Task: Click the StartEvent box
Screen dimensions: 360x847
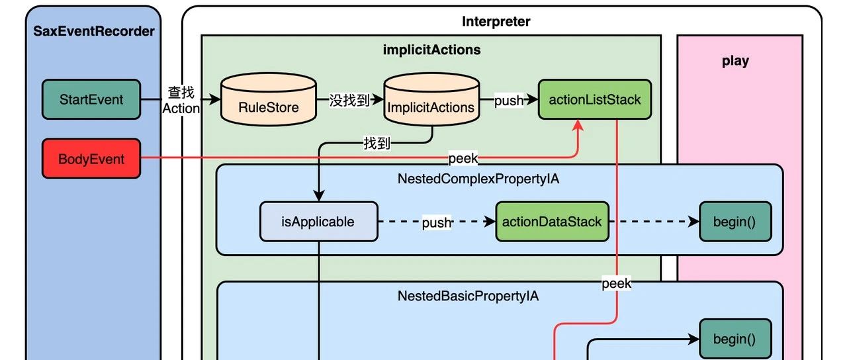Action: [91, 100]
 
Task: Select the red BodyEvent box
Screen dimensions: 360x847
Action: [91, 159]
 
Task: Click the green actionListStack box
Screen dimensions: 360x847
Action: [595, 100]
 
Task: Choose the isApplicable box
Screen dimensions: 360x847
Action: [318, 222]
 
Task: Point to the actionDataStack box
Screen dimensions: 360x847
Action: [552, 222]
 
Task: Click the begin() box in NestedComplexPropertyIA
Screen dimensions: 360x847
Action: [735, 222]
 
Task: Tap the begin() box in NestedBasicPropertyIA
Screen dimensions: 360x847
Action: [735, 339]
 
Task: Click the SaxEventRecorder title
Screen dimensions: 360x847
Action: [94, 31]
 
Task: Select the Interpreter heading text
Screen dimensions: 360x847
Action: [496, 21]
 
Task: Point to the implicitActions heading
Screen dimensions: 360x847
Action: [432, 50]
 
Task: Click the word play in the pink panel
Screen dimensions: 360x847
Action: [735, 61]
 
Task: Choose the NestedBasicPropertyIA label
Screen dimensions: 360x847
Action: [468, 296]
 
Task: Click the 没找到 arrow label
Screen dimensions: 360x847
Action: [349, 101]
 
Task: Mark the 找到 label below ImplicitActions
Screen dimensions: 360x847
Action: [377, 143]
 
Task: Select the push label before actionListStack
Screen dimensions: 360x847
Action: [509, 101]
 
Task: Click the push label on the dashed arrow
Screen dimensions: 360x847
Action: [437, 223]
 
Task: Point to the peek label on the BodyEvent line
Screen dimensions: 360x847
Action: [463, 159]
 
